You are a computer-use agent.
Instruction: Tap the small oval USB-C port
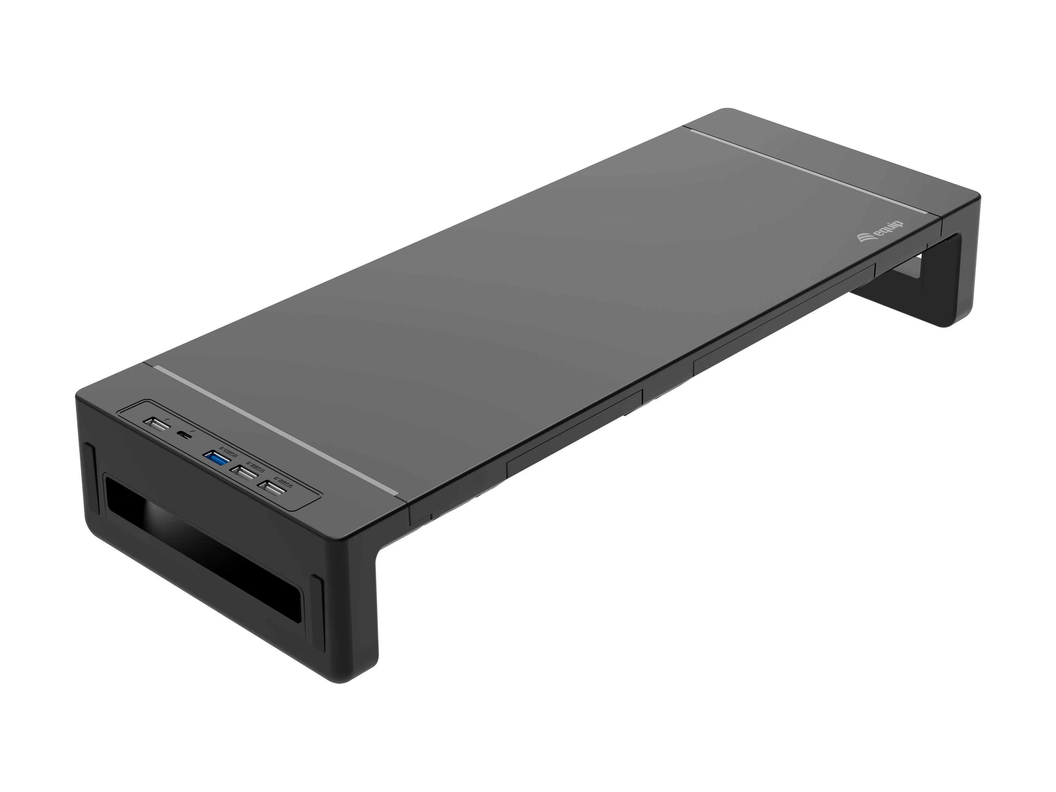182,434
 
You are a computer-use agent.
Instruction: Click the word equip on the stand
889,230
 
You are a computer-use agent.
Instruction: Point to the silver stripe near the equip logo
812,177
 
